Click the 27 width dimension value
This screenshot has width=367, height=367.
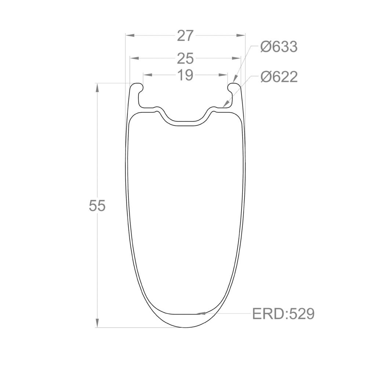pyautogui.click(x=185, y=36)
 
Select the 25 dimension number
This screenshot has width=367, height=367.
pyautogui.click(x=185, y=58)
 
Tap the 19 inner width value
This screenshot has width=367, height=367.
pyautogui.click(x=185, y=75)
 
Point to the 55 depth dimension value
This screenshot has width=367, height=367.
pyautogui.click(x=97, y=206)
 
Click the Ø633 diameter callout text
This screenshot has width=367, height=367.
pyautogui.click(x=279, y=47)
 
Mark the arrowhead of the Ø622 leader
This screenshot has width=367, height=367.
pyautogui.click(x=225, y=105)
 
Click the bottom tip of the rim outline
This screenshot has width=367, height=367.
pyautogui.click(x=185, y=327)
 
